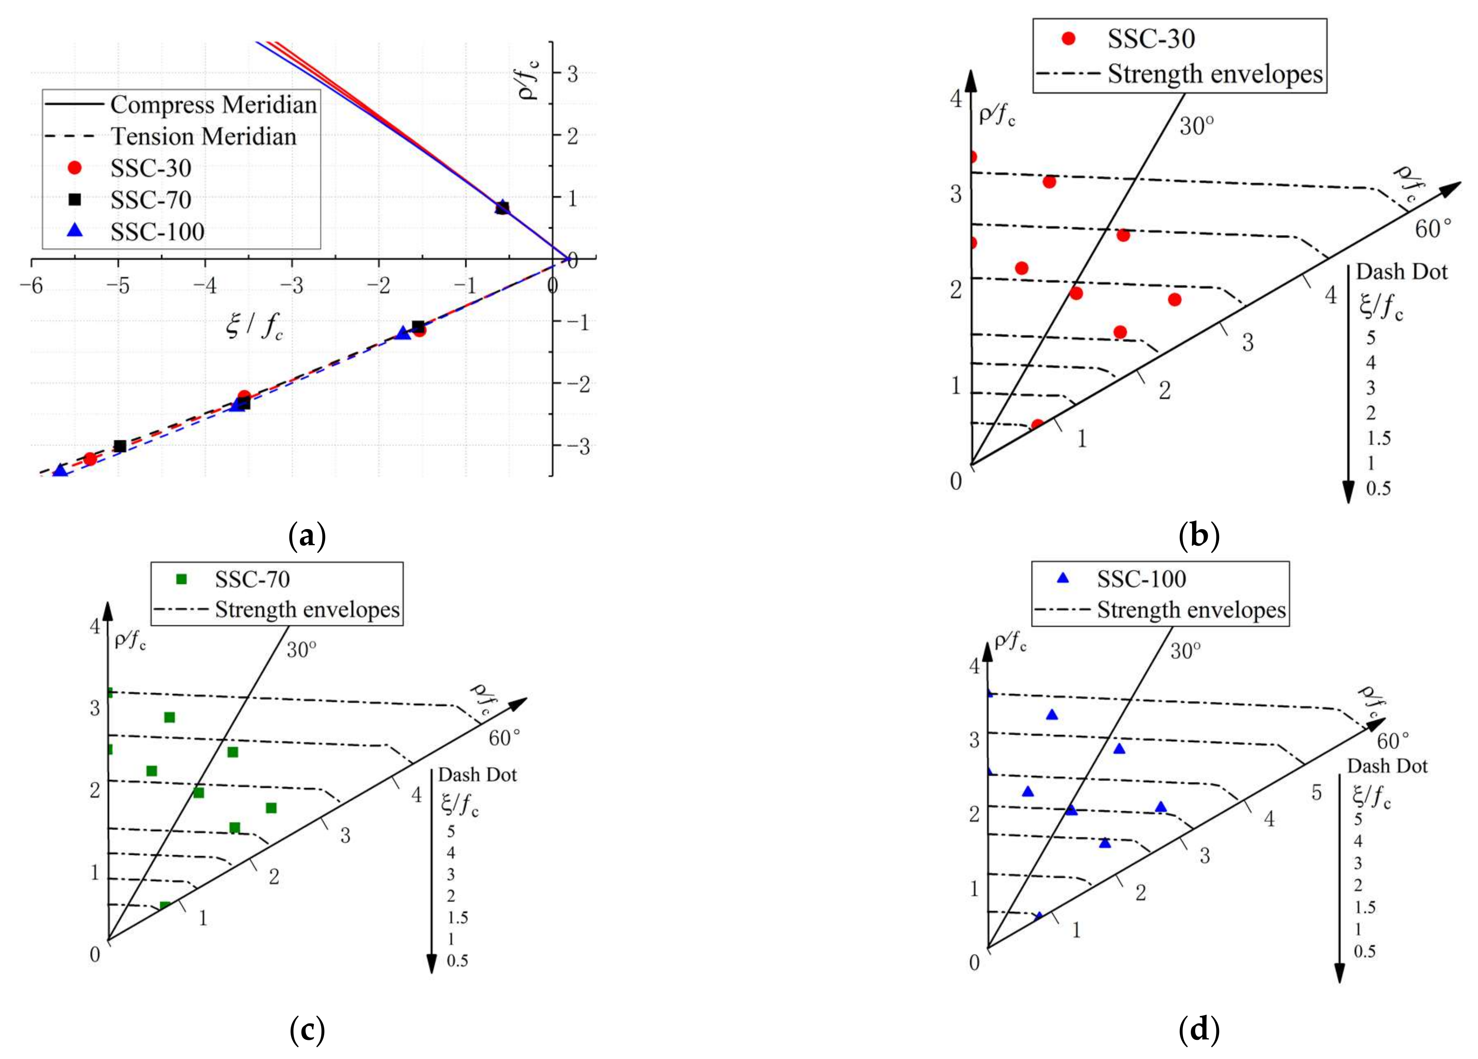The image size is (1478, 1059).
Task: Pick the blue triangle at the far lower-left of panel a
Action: point(60,471)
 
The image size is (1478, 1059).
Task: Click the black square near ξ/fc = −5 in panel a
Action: point(120,446)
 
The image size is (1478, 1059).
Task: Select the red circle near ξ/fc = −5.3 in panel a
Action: point(90,459)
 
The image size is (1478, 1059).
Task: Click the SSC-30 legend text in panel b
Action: point(1151,39)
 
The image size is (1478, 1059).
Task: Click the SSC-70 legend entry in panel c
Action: point(252,579)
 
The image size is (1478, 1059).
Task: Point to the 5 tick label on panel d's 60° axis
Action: point(1317,793)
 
